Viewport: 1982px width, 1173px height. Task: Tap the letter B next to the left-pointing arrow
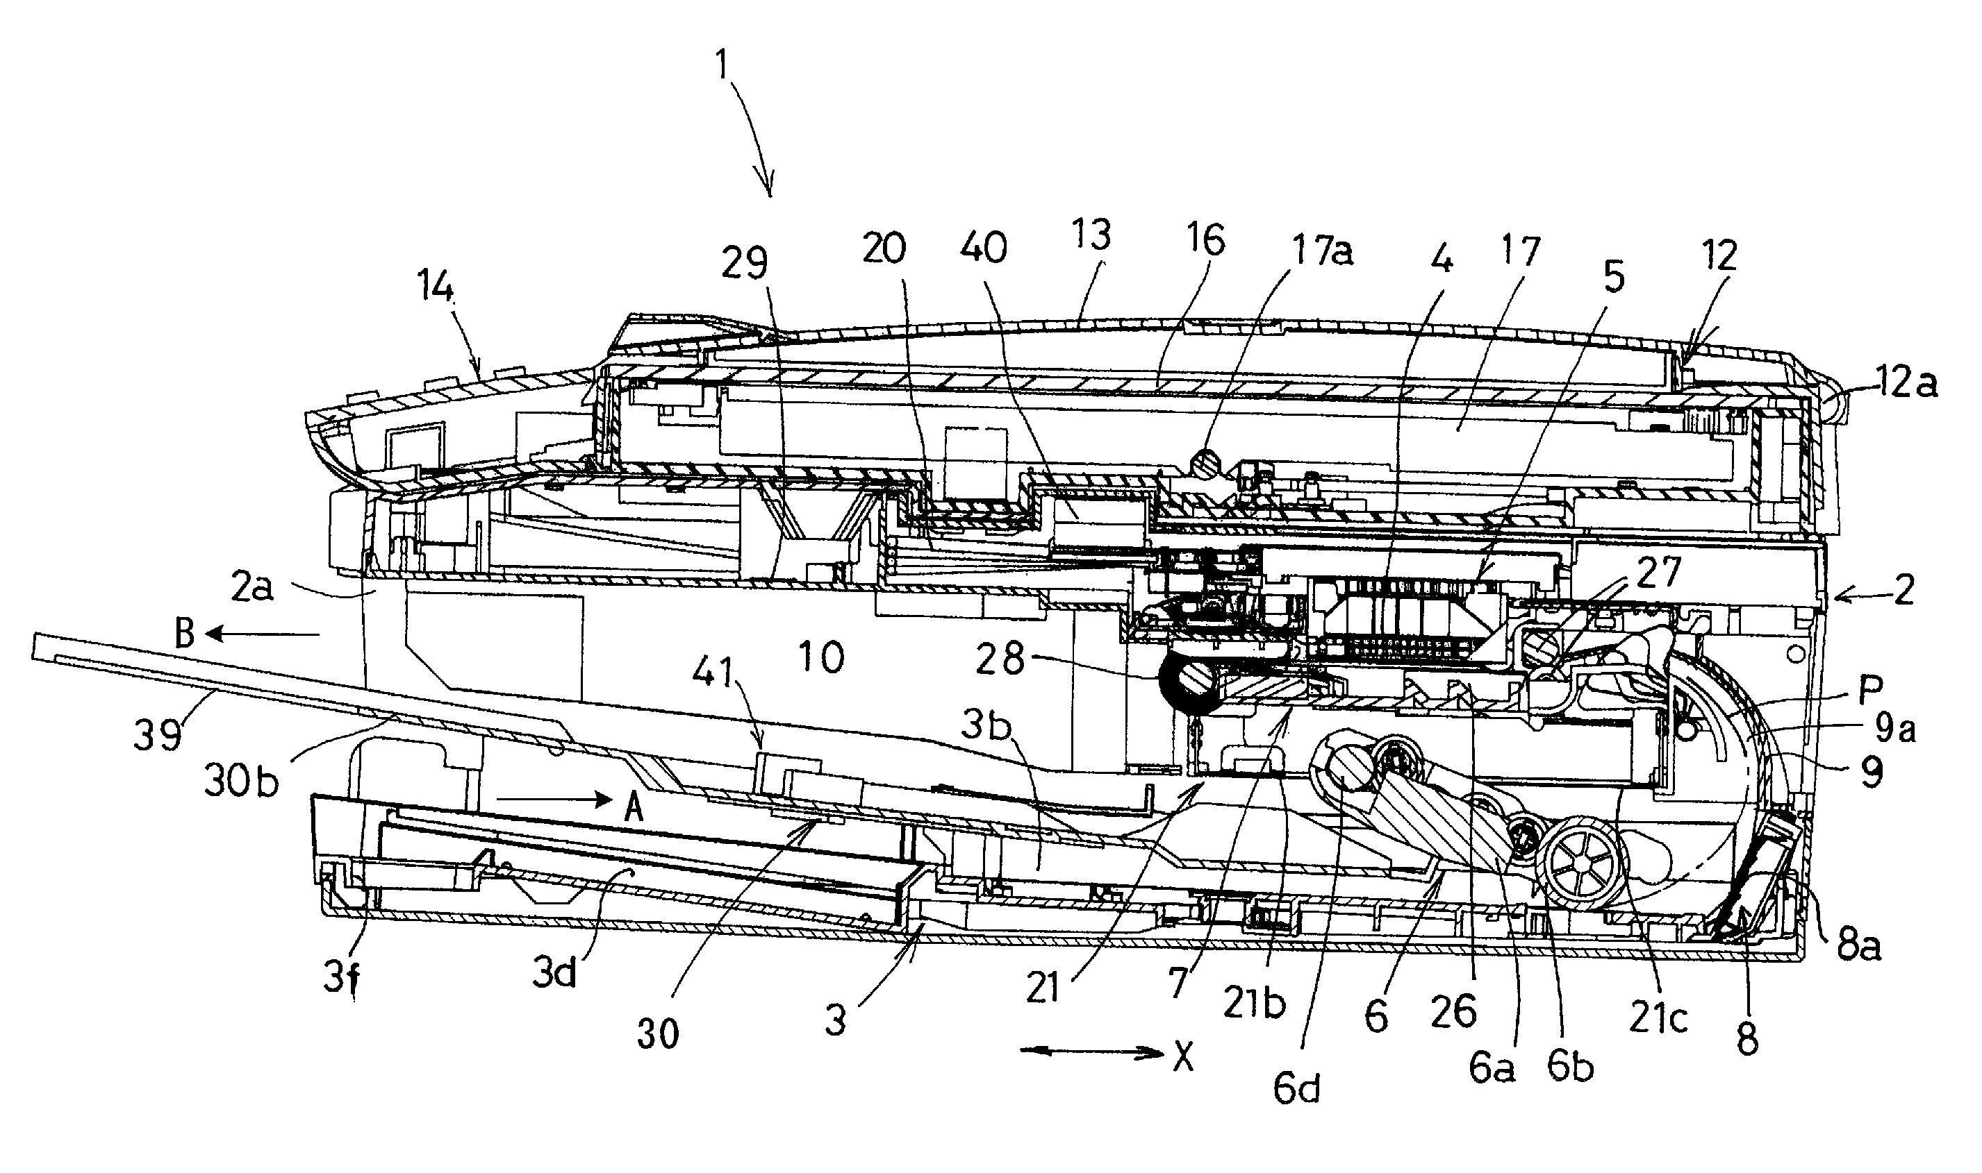[184, 633]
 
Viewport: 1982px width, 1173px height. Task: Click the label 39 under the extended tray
[159, 734]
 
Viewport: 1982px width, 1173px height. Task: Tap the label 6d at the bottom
[1296, 1088]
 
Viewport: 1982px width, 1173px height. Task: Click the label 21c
[1658, 1019]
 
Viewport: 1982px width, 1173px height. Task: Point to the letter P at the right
[1869, 690]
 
